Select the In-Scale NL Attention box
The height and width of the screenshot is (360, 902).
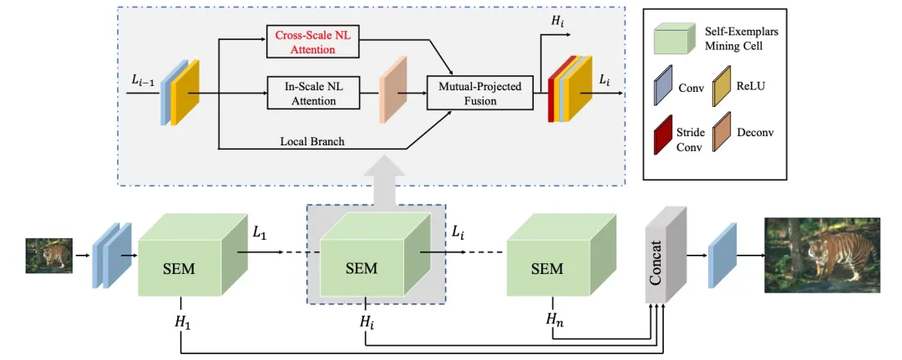(312, 94)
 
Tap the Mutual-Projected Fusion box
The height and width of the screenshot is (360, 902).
(479, 94)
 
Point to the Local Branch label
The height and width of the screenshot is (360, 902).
(312, 141)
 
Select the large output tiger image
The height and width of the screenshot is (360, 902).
(821, 255)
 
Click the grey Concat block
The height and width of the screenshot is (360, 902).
(664, 255)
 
